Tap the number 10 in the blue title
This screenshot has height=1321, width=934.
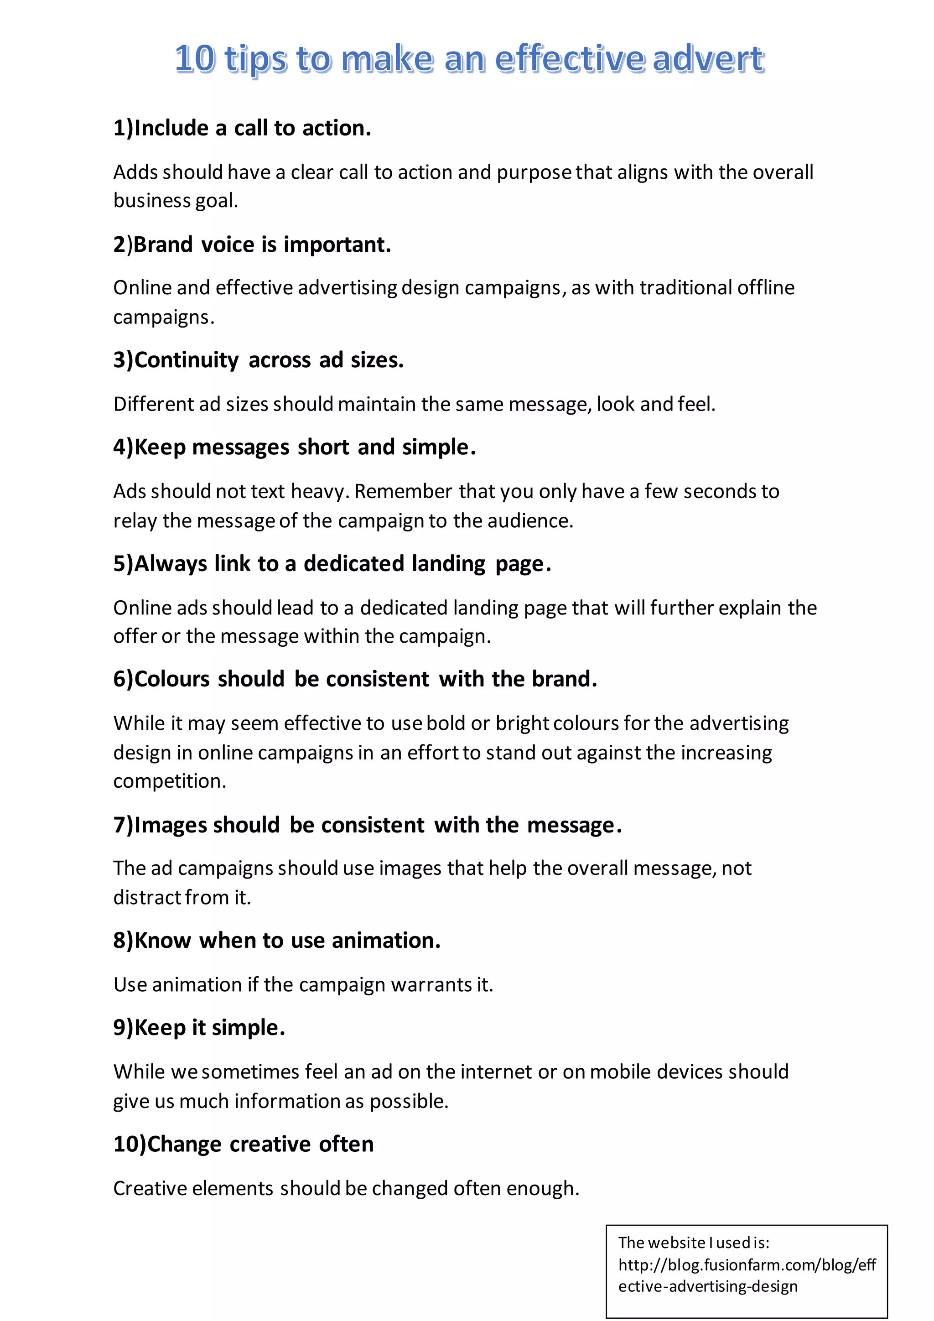click(x=195, y=59)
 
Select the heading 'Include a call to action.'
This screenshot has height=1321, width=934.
click(x=242, y=128)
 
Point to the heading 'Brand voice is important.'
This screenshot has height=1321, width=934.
click(x=252, y=244)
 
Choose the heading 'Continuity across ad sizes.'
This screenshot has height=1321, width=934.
click(x=258, y=360)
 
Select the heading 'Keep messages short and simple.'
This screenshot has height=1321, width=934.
click(x=295, y=447)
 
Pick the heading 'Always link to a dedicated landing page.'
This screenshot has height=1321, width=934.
click(x=332, y=564)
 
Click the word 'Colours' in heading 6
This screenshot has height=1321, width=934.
click(x=172, y=679)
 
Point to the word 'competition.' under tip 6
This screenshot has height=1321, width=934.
click(x=170, y=781)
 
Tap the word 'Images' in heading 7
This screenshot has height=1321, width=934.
click(x=170, y=825)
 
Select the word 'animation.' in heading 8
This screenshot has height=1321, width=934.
click(x=386, y=940)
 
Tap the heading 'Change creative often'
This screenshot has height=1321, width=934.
click(x=243, y=1144)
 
